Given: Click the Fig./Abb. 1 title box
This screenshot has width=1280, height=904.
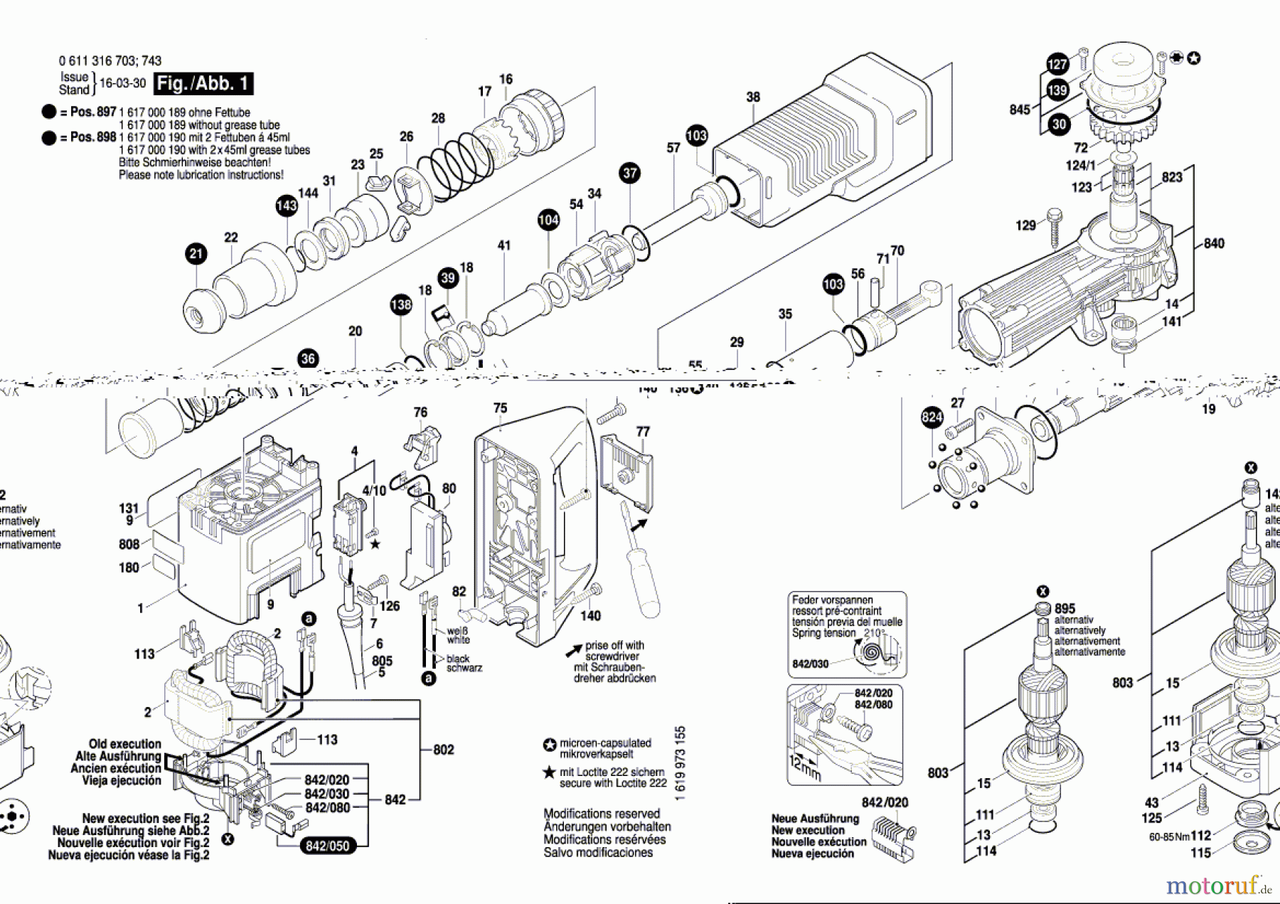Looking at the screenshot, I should click(x=204, y=84).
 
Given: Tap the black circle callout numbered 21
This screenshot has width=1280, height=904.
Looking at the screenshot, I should click(x=196, y=254).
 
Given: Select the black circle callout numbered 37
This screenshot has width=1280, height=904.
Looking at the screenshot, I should click(x=630, y=173).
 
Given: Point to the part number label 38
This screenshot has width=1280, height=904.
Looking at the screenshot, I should click(x=753, y=97).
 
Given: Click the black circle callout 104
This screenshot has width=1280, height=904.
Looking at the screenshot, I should click(x=548, y=220).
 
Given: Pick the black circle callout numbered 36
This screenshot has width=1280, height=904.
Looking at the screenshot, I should click(x=308, y=359).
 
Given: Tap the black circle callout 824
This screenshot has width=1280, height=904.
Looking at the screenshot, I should click(x=932, y=418).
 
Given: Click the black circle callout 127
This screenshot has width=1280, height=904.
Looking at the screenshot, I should click(x=1057, y=64).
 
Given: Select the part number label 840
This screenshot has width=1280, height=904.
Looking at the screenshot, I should click(x=1214, y=243).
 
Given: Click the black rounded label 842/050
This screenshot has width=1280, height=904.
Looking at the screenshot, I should click(x=327, y=846).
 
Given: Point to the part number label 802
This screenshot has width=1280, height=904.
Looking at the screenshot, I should click(x=444, y=750).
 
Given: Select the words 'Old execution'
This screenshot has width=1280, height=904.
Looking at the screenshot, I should click(x=125, y=744).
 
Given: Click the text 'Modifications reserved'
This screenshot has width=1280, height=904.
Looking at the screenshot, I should click(x=602, y=814).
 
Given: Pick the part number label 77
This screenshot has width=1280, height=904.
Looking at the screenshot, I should click(x=643, y=432).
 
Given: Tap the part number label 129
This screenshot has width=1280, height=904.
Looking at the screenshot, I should click(x=1025, y=225).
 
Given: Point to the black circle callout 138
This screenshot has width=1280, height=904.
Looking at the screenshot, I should click(x=401, y=305).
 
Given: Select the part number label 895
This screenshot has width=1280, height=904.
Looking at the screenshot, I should click(x=1065, y=609).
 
